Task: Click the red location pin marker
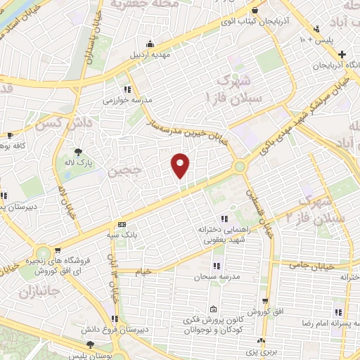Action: point(180,165)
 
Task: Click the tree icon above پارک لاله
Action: point(78,152)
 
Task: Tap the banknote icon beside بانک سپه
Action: point(122,225)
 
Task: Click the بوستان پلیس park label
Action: point(91,355)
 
